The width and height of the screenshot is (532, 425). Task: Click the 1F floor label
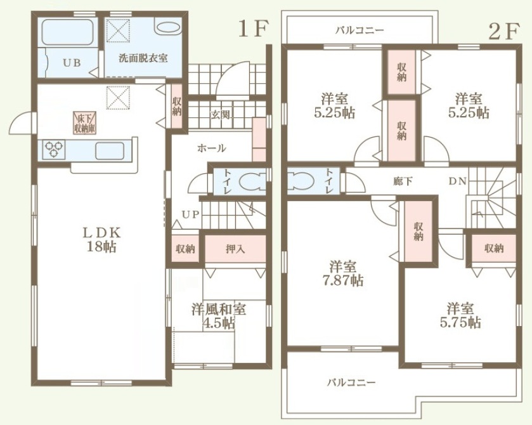tap(254, 29)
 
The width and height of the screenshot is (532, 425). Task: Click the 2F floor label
tap(504, 31)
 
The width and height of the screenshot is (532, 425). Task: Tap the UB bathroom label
tap(72, 63)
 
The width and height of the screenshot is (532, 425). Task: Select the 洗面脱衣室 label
tap(143, 58)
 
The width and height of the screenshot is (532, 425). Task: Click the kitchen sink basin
tap(110, 151)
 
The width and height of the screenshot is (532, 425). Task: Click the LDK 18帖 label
tap(102, 240)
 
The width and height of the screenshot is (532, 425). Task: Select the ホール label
tap(211, 148)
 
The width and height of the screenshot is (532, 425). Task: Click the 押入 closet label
tap(235, 249)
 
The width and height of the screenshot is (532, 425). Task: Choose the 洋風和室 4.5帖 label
tap(219, 316)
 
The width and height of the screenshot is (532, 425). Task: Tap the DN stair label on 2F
tap(458, 181)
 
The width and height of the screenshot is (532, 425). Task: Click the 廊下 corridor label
tap(403, 181)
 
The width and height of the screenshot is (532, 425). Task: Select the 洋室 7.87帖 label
tap(343, 273)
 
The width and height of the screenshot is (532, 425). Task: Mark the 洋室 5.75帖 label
tap(460, 316)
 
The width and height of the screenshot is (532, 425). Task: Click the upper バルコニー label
tap(360, 30)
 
